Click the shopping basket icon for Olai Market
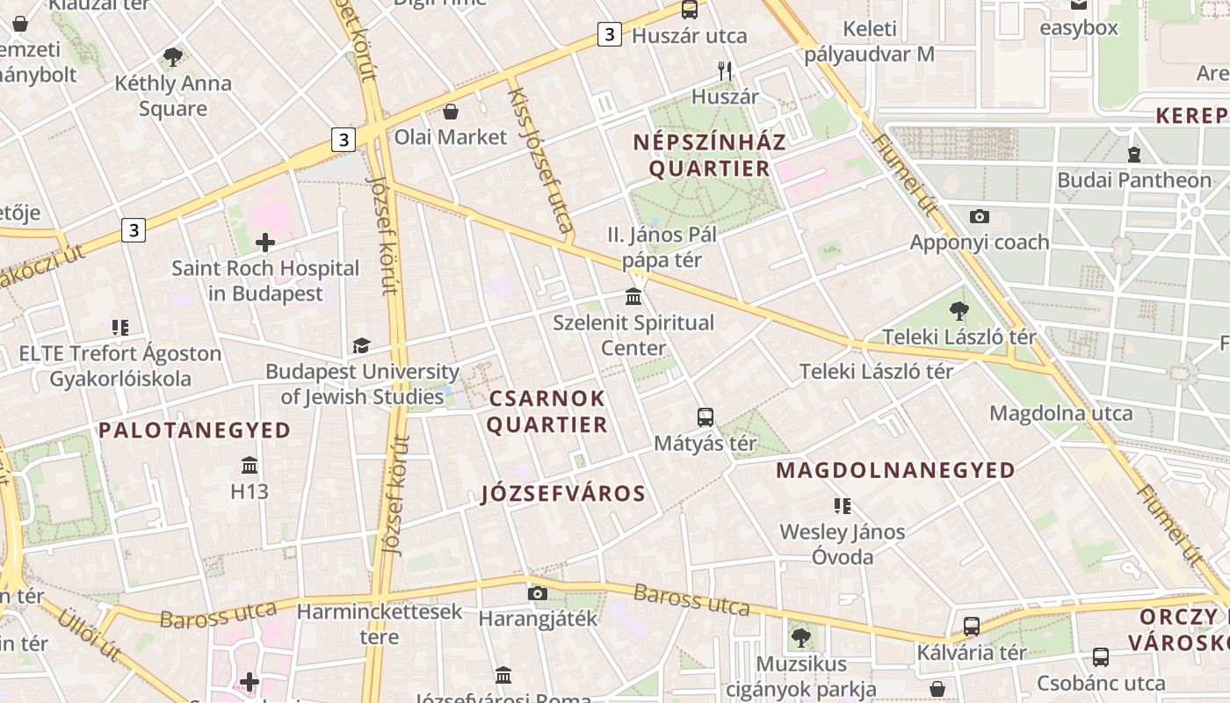[x=451, y=112]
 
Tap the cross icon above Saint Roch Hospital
[x=265, y=243]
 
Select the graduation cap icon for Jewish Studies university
[x=361, y=345]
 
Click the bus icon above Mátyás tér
[x=705, y=417]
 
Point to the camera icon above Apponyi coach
[x=979, y=216]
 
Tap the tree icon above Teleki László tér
[x=959, y=310]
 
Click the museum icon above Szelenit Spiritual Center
[x=633, y=296]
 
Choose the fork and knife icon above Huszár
[x=725, y=71]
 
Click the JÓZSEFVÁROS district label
[x=564, y=494]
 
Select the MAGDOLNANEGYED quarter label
[x=895, y=471]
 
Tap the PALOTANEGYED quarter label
[x=194, y=431]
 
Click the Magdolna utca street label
[x=1060, y=413]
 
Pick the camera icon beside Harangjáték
[x=538, y=593]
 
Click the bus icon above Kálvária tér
[x=971, y=627]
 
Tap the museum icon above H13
[x=250, y=465]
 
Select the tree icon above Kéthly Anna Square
[x=173, y=58]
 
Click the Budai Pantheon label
[x=1134, y=180]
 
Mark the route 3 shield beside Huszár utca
[x=609, y=35]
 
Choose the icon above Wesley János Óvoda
[x=842, y=505]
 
